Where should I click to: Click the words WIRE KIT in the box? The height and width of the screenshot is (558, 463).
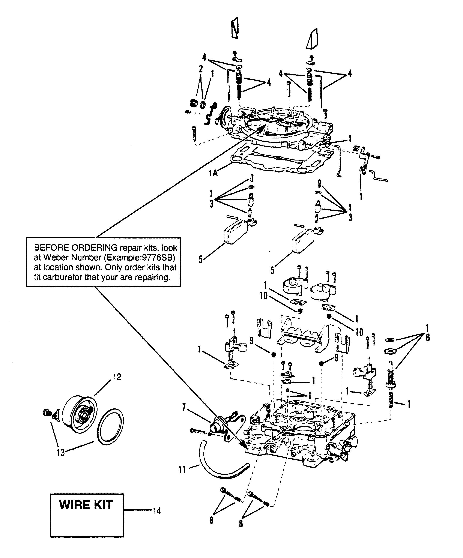point(86,505)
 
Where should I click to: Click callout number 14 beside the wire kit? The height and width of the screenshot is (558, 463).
point(157,511)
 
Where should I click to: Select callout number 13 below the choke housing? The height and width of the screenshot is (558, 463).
point(61,452)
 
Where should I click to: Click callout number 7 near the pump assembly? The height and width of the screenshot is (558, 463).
point(184,407)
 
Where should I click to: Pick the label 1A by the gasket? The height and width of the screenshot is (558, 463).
point(213,174)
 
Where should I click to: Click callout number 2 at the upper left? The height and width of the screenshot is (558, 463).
point(200,69)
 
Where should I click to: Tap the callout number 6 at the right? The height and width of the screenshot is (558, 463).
point(427,337)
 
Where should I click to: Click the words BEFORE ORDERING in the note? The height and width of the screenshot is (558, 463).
point(76,248)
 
